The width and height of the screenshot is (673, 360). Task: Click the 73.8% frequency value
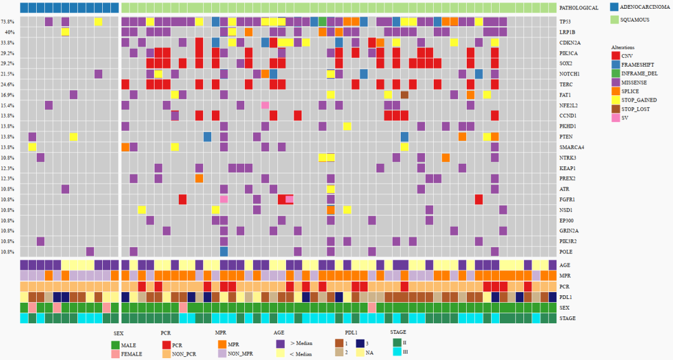point(9,22)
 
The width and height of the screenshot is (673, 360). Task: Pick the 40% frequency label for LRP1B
point(10,32)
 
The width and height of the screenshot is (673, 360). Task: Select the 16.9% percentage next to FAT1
point(9,95)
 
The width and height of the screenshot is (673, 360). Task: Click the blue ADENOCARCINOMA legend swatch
point(614,7)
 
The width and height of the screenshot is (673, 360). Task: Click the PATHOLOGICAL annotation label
point(579,8)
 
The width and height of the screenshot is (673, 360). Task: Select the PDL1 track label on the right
point(565,297)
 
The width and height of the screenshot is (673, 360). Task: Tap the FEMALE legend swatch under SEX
point(116,354)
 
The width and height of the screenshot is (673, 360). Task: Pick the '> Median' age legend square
point(280,343)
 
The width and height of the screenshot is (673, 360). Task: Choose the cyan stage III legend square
point(397,353)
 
